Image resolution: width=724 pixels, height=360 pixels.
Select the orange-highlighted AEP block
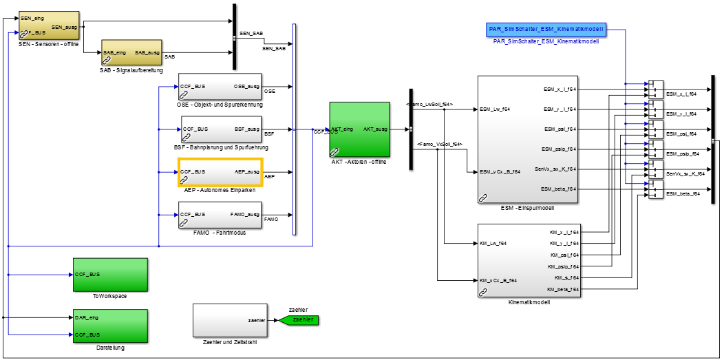pyautogui.click(x=220, y=172)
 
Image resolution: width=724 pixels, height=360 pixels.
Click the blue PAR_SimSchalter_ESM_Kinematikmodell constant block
pyautogui.click(x=546, y=29)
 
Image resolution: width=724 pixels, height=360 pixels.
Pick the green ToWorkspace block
pyautogui.click(x=110, y=274)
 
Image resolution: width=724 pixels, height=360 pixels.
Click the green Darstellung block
pyautogui.click(x=110, y=326)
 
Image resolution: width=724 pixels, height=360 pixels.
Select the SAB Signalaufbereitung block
pyautogui.click(x=131, y=52)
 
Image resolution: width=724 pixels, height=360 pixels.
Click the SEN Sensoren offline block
pyautogui.click(x=48, y=25)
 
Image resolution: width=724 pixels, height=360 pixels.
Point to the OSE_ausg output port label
pyautogui.click(x=246, y=86)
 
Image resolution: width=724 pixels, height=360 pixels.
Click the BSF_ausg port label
pyautogui.click(x=246, y=129)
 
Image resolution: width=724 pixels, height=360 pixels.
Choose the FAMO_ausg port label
pyautogui.click(x=245, y=214)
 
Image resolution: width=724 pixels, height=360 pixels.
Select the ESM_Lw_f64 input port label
pyautogui.click(x=495, y=109)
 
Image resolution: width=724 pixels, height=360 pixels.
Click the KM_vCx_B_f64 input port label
pyautogui.click(x=500, y=280)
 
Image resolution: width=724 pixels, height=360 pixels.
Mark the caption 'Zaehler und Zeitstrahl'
pyautogui.click(x=230, y=341)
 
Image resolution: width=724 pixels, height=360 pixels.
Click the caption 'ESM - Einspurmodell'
pyautogui.click(x=528, y=208)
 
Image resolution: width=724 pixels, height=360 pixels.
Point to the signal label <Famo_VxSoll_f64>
pyautogui.click(x=439, y=144)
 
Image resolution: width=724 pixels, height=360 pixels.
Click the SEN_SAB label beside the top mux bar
pyautogui.click(x=251, y=33)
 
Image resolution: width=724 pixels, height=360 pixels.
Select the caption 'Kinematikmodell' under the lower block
pyautogui.click(x=528, y=302)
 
